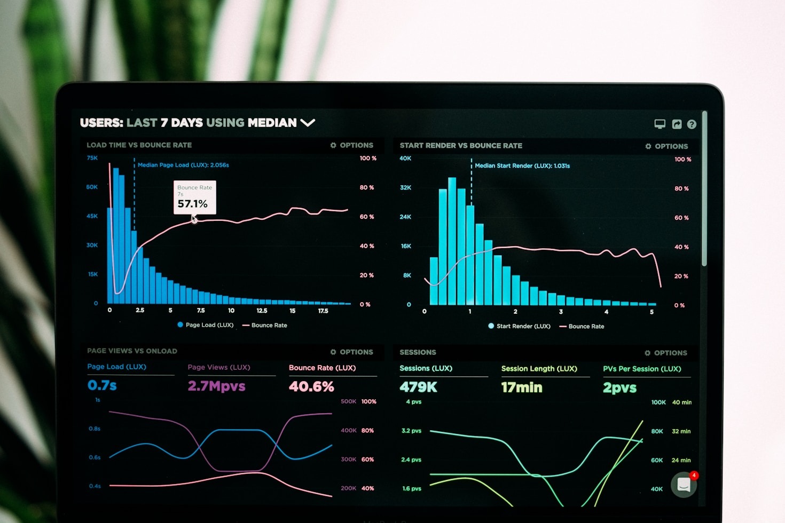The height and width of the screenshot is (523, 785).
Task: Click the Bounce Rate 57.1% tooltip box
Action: pyautogui.click(x=194, y=197)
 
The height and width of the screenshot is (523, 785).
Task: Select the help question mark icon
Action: pyautogui.click(x=692, y=124)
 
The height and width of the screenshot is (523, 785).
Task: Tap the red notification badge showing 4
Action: pyautogui.click(x=694, y=475)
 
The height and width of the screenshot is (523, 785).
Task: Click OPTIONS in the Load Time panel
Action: pyautogui.click(x=352, y=145)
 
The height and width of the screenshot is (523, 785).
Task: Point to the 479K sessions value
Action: pyautogui.click(x=418, y=387)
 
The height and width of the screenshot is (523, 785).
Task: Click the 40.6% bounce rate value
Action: pyautogui.click(x=311, y=386)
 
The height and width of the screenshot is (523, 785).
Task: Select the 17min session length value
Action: pyautogui.click(x=521, y=387)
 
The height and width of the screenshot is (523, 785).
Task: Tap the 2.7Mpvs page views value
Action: pyautogui.click(x=216, y=386)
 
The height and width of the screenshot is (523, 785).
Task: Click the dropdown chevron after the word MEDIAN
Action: pyautogui.click(x=308, y=123)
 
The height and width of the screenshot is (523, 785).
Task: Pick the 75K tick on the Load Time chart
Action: pyautogui.click(x=92, y=158)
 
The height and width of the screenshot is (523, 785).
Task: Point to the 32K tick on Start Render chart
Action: pyautogui.click(x=405, y=188)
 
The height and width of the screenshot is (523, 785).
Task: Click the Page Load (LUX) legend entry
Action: pyautogui.click(x=206, y=325)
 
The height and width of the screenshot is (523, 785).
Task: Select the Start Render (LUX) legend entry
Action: pyautogui.click(x=519, y=326)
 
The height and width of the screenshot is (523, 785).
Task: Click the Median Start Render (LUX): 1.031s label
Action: pyautogui.click(x=522, y=166)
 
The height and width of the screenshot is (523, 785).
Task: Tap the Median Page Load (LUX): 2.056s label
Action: pyautogui.click(x=183, y=165)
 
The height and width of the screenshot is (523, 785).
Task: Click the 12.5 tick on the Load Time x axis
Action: pyautogui.click(x=262, y=311)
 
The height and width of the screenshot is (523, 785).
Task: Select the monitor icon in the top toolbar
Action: pyautogui.click(x=660, y=124)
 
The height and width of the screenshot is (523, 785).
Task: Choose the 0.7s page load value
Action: pyautogui.click(x=102, y=385)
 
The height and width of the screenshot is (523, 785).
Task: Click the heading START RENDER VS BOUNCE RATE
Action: pyautogui.click(x=461, y=146)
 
